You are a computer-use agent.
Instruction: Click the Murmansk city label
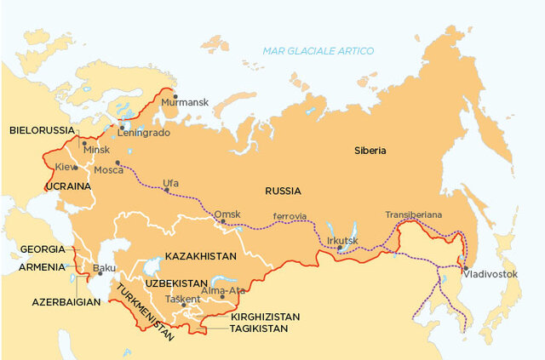click(191, 102)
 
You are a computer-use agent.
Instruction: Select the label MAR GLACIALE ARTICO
click(318, 51)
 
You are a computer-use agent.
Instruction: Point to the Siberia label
click(370, 151)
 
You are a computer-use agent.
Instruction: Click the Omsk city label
click(227, 214)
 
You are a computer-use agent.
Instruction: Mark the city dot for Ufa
click(166, 189)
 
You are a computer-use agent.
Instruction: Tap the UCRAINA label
click(68, 186)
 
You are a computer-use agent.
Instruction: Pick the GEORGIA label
click(42, 249)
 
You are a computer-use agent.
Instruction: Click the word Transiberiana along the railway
click(414, 214)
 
